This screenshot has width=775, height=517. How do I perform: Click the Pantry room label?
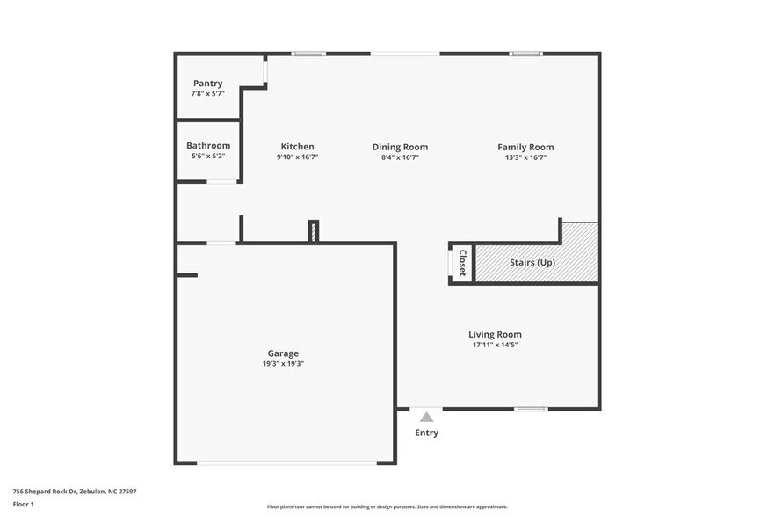coord(208,84)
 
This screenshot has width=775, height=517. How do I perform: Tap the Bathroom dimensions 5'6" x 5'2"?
coord(208,157)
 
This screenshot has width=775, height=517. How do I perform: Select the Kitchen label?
coord(297,147)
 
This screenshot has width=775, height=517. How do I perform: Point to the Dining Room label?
coord(400,147)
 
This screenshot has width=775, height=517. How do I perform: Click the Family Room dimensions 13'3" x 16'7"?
coord(525,157)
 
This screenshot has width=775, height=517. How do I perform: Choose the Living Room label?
coord(495,334)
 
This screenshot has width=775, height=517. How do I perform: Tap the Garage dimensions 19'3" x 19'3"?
coord(283,364)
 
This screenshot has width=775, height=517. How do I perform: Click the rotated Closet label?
coord(462,263)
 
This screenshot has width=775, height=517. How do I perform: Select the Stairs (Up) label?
coord(532,262)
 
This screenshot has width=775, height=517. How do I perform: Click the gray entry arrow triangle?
coord(426,417)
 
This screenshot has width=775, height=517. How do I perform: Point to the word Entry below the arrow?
coord(426,433)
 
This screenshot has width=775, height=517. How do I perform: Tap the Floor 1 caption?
coord(23,504)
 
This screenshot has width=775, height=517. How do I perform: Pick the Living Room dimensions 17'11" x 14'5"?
coord(495,346)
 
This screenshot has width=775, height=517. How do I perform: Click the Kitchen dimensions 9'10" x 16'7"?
coord(297,157)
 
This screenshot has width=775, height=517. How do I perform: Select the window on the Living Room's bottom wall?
coord(531,409)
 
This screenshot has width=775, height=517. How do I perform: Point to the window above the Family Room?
coord(525,54)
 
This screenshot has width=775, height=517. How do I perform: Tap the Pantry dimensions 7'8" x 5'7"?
coord(208,94)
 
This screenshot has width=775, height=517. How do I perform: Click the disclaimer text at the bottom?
coord(387,506)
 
